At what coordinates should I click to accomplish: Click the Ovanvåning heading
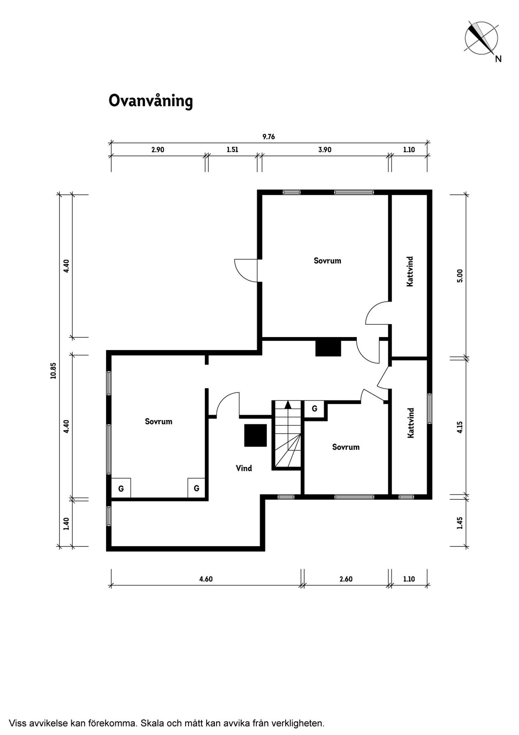click(x=151, y=101)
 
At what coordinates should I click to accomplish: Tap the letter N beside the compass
click(x=498, y=59)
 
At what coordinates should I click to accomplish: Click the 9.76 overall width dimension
click(x=269, y=137)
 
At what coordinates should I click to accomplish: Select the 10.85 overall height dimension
click(x=54, y=371)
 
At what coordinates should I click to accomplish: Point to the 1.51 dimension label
click(x=232, y=150)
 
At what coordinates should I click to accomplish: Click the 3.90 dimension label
click(x=325, y=150)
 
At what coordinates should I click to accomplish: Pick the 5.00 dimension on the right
click(x=460, y=276)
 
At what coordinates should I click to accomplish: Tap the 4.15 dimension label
click(x=460, y=427)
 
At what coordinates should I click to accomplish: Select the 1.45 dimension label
click(x=460, y=523)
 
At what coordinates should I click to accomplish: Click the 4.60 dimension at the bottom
click(x=206, y=579)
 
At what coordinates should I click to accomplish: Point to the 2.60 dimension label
click(x=346, y=579)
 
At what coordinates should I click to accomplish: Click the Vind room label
click(x=244, y=468)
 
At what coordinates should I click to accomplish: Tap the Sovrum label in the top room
click(x=327, y=261)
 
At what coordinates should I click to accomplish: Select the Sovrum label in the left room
click(x=159, y=421)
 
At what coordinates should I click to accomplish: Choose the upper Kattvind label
click(x=410, y=272)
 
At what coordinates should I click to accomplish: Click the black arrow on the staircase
click(x=288, y=404)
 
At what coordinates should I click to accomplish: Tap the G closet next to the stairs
click(x=315, y=409)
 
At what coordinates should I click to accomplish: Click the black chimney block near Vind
click(x=256, y=435)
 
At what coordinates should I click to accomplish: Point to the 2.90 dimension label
click(x=158, y=150)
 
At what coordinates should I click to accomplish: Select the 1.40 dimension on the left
click(x=66, y=524)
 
